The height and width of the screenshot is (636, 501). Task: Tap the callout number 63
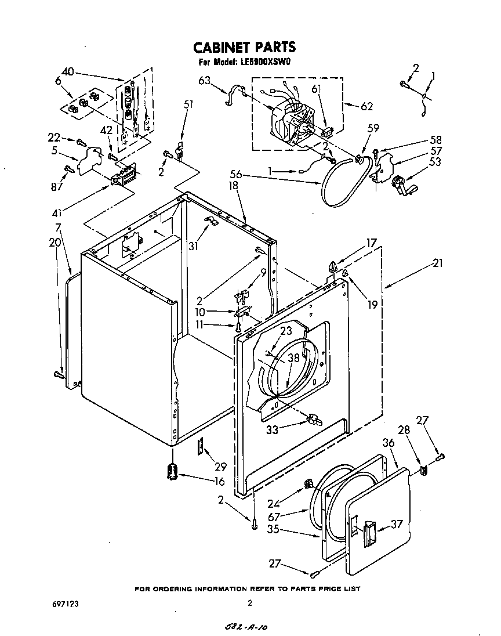pos(204,81)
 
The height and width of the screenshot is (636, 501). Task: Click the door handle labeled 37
pos(369,532)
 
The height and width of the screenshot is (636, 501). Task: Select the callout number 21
pos(437,263)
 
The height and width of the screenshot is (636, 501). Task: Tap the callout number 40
pos(67,72)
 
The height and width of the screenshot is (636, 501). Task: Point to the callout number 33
pos(271,429)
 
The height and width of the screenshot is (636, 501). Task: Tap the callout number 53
pos(435,162)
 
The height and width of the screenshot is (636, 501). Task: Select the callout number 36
pos(388,442)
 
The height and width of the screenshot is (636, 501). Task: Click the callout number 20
pos(55,243)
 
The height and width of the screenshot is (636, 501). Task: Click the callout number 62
pos(366,106)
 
